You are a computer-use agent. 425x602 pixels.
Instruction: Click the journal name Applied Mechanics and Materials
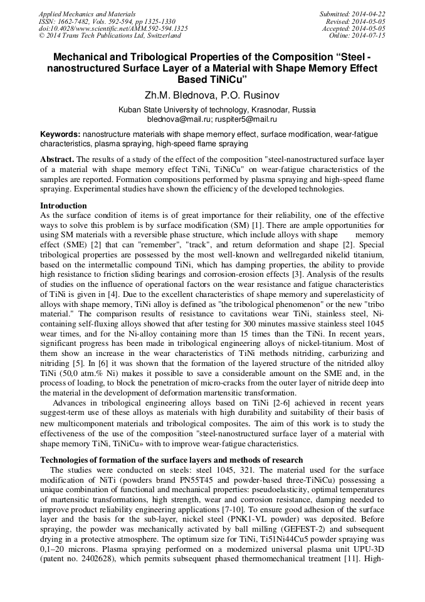click(x=87, y=13)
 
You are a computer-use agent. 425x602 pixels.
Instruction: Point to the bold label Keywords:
click(x=60, y=134)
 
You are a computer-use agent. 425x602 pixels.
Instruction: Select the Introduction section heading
click(x=63, y=205)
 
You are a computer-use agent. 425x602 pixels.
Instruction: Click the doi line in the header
click(x=113, y=28)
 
